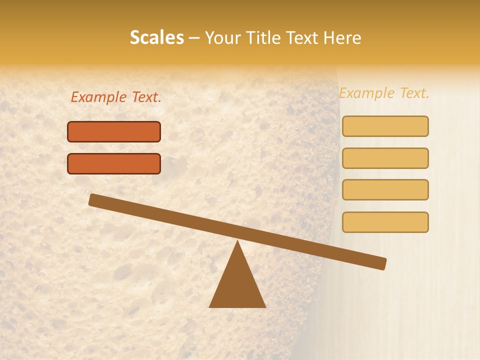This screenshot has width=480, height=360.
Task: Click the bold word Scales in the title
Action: (156, 37)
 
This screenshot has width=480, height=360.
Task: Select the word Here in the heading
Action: (342, 37)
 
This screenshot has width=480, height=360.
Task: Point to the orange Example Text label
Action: (116, 97)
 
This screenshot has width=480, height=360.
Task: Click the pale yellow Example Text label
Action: (384, 93)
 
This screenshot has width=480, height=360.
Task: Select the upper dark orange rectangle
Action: (114, 131)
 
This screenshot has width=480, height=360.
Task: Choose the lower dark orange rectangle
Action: (114, 163)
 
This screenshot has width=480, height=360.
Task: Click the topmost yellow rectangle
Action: (385, 126)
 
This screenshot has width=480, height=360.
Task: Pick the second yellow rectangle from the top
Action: (385, 158)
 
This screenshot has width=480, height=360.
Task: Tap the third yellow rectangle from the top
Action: (385, 190)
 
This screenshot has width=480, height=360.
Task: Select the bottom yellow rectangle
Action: (385, 222)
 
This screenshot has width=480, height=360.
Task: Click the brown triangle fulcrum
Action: (237, 285)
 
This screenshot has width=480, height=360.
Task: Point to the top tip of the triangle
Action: (237, 242)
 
